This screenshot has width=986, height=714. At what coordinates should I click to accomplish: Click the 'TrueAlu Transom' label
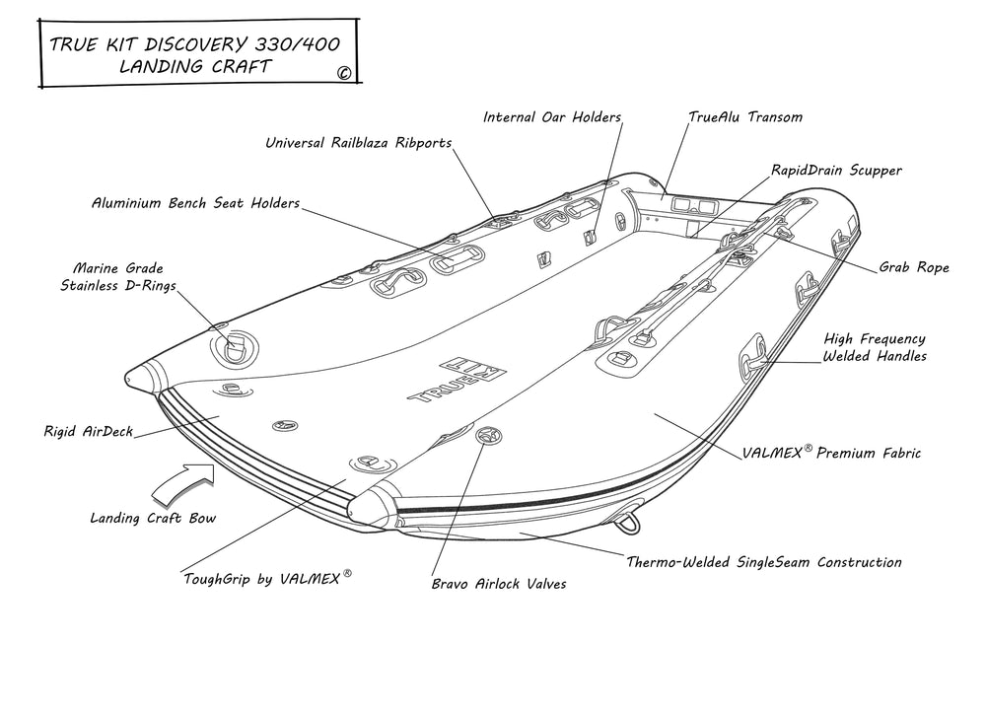click(745, 116)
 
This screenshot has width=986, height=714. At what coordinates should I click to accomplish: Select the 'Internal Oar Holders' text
click(552, 117)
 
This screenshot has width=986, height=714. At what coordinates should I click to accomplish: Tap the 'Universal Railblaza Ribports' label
click(358, 143)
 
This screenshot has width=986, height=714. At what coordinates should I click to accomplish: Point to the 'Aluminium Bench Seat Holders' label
click(195, 203)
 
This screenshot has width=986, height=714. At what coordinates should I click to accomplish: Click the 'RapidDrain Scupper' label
click(836, 171)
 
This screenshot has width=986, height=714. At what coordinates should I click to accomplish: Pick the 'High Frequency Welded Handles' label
click(875, 347)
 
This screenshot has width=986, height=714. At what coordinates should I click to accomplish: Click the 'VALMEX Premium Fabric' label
click(831, 453)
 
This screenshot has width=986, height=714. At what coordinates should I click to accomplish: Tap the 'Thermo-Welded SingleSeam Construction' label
click(764, 562)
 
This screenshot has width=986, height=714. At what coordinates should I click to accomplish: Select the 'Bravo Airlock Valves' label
click(498, 584)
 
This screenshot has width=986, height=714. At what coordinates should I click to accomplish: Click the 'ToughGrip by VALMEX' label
click(267, 579)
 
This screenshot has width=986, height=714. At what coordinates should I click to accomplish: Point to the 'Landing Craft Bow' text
click(152, 517)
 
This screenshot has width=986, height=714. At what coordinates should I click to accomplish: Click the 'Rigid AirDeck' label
click(88, 431)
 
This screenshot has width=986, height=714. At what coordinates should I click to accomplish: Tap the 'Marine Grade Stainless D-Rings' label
click(117, 277)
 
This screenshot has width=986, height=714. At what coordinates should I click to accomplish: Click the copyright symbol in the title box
click(343, 72)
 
